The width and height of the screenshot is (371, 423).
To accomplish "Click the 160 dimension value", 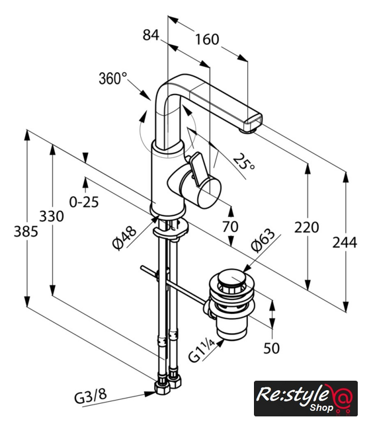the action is [207, 40].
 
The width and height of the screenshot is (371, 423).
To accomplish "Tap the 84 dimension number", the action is [151, 35].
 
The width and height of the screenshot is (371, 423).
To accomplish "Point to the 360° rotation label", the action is [113, 79].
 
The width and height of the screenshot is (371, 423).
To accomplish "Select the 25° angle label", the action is [243, 161].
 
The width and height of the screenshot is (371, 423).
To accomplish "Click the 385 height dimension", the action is [26, 231].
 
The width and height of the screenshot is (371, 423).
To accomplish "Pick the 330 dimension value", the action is [52, 216].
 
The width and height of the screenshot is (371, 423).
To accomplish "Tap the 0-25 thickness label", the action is [84, 202].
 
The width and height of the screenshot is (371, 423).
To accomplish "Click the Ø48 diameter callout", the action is [124, 238].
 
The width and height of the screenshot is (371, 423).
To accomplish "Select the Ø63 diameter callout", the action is [263, 241].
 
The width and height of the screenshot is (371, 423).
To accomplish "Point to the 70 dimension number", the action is [230, 227].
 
